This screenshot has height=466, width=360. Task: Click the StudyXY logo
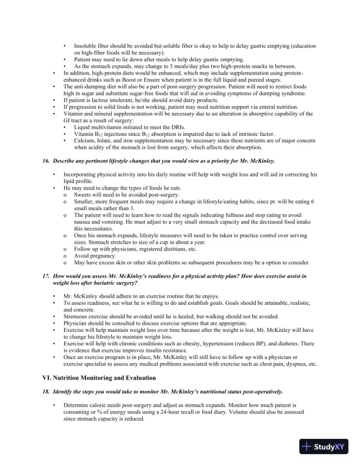[324, 447]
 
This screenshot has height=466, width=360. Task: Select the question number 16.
[46, 161]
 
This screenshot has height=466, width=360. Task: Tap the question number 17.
[46, 275]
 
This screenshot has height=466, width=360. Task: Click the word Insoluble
[85, 46]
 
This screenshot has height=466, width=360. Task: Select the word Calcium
[85, 141]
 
